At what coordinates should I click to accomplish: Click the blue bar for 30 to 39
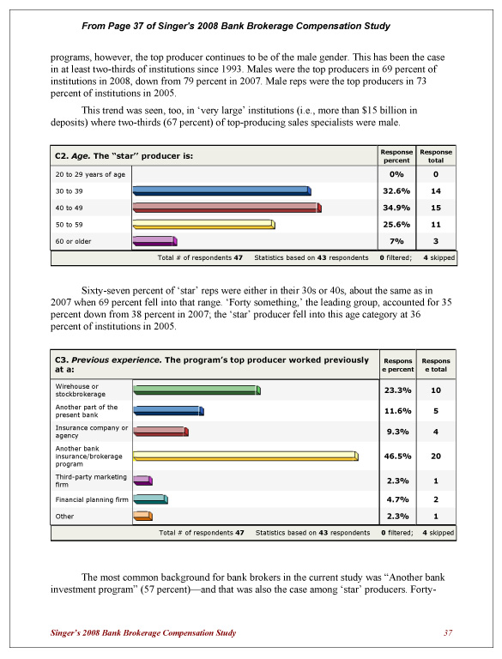point(221,191)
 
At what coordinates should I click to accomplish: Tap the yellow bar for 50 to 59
point(203,225)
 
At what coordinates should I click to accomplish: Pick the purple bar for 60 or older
point(154,241)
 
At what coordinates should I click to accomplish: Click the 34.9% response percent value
point(396,208)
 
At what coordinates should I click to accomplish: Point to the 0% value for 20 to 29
point(396,174)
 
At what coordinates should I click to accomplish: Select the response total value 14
point(436,191)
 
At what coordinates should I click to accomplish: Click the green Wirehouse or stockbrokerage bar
point(197,390)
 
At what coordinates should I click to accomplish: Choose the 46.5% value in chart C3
point(396,456)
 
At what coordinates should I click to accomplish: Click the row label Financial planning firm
point(90,499)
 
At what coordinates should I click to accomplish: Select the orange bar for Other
point(142,516)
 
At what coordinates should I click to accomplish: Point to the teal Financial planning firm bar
point(150,499)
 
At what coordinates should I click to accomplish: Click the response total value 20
point(436,456)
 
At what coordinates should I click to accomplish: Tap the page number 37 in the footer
point(447,633)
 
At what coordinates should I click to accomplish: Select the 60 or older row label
point(73,241)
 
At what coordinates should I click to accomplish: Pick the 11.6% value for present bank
point(396,411)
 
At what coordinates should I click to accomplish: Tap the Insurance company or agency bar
point(160,432)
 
